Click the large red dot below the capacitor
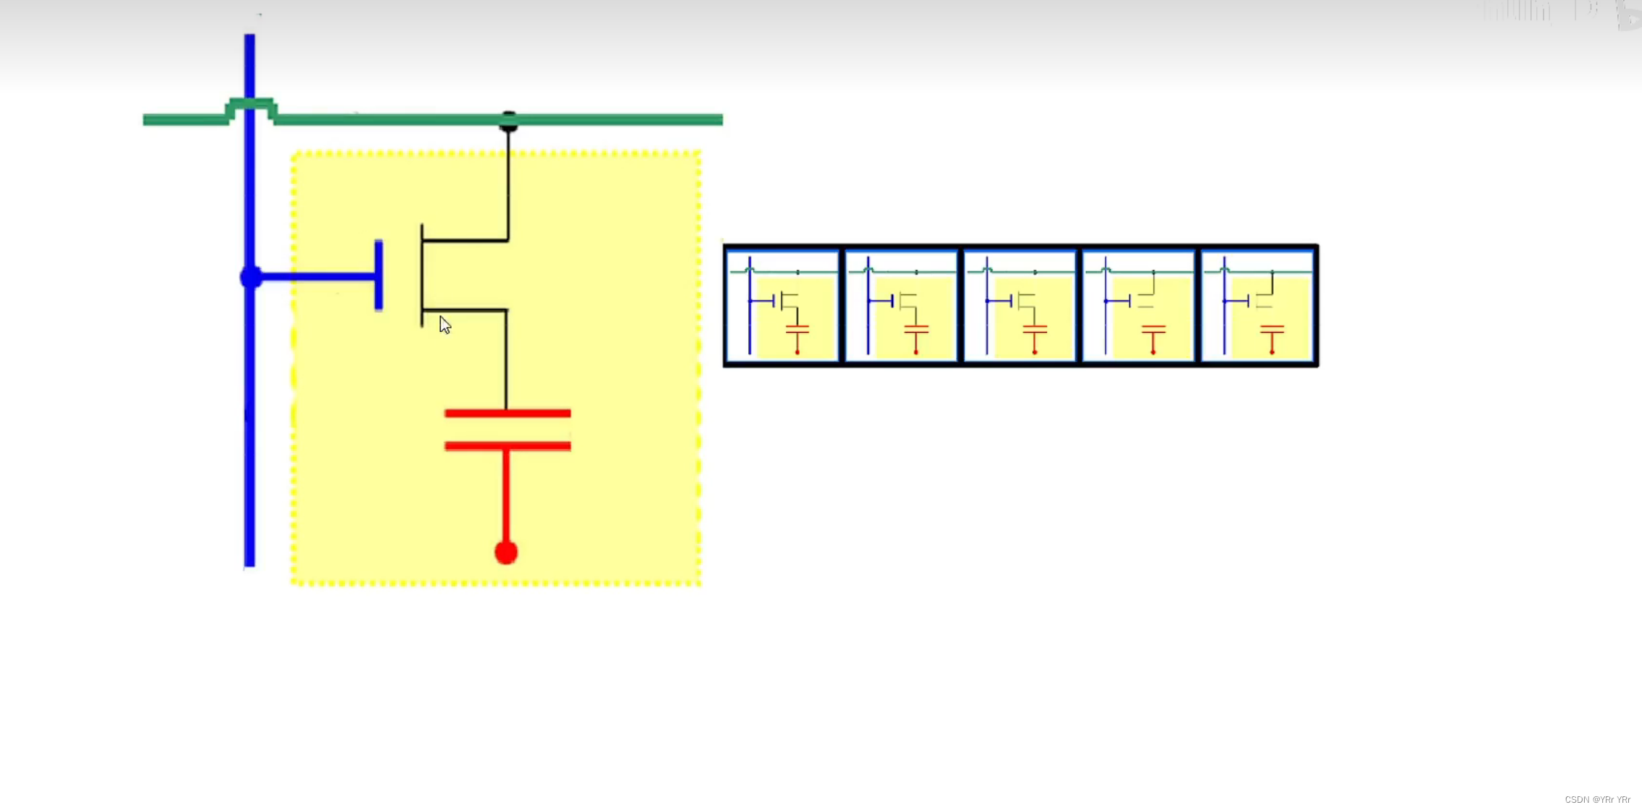point(506,553)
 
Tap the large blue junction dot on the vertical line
point(251,277)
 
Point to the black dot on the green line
point(509,121)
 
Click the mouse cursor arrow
point(444,325)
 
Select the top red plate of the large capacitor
point(507,413)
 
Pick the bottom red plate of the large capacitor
point(507,446)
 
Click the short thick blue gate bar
point(378,276)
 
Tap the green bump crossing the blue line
point(251,103)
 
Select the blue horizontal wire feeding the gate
point(315,276)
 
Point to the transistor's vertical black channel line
point(422,276)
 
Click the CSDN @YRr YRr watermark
point(1597,799)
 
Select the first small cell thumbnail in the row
point(782,305)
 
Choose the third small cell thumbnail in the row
point(1019,305)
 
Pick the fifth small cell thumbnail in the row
point(1257,305)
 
